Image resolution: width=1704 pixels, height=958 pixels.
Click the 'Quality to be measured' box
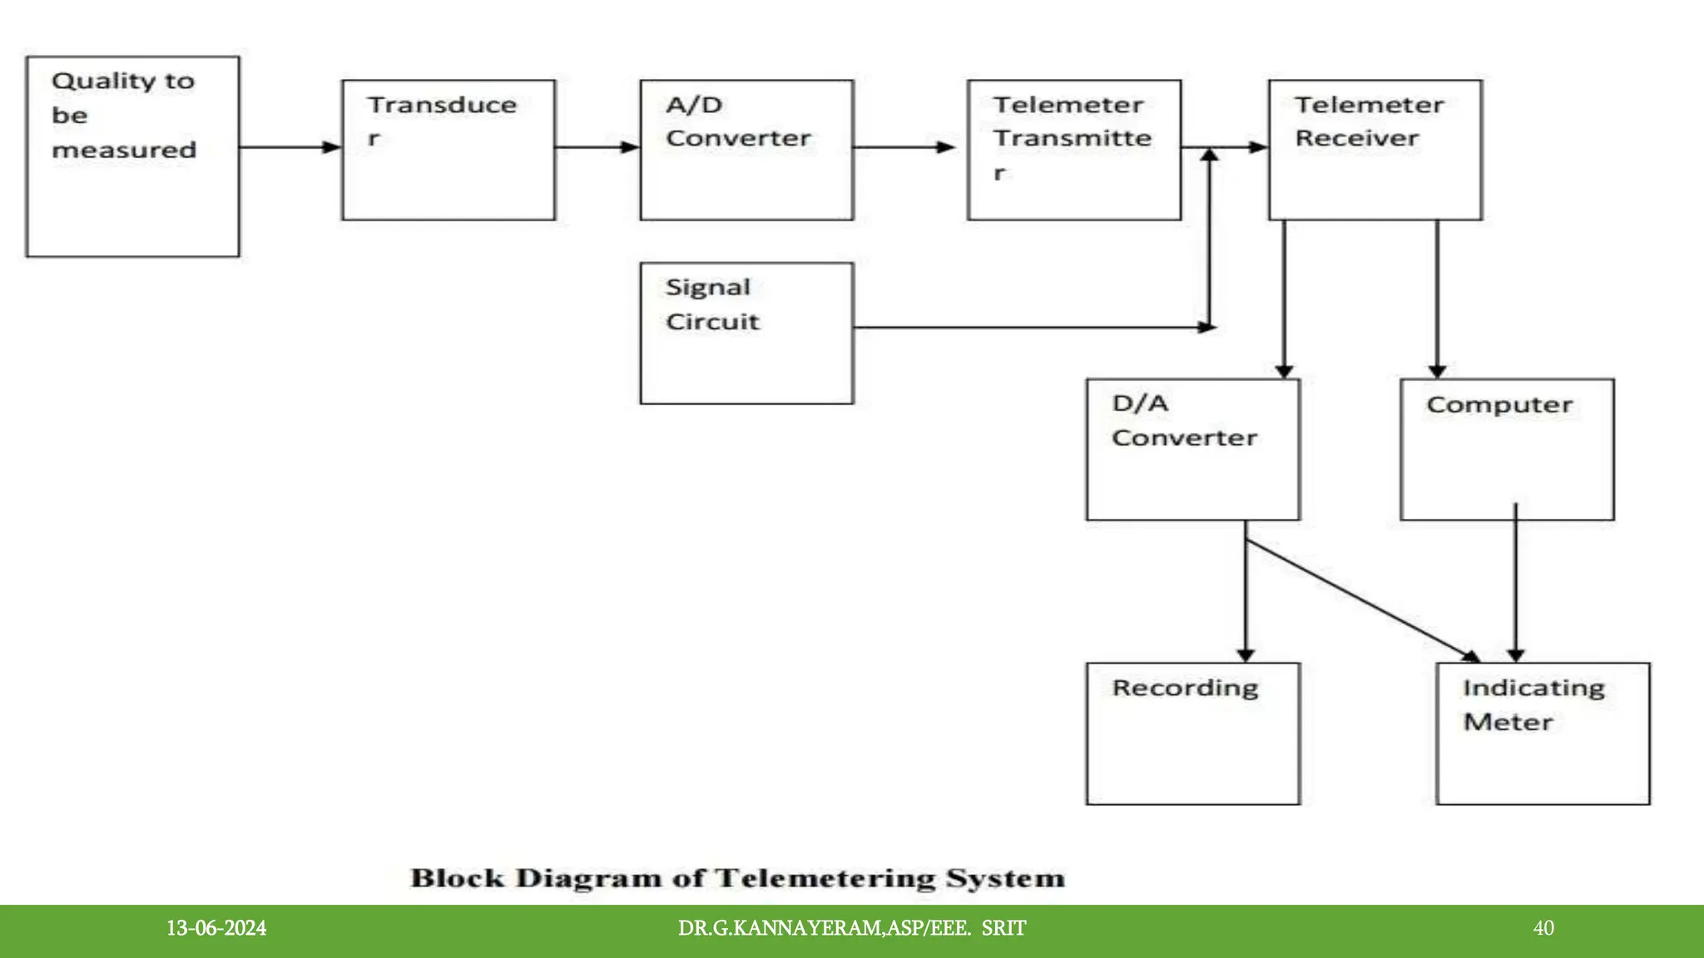[x=132, y=156]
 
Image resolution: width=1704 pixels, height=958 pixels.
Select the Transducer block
[x=448, y=150]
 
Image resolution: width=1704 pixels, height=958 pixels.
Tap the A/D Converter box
[x=746, y=150]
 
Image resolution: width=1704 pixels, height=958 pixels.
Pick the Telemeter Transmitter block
[x=1073, y=150]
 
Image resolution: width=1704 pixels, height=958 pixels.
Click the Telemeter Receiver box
[x=1375, y=150]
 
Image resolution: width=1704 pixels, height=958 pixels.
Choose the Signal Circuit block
[x=746, y=333]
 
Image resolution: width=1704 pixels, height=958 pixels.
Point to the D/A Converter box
[x=1192, y=450]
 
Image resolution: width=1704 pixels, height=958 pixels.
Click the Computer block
[x=1507, y=450]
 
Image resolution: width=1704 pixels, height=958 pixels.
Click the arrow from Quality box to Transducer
[x=290, y=147]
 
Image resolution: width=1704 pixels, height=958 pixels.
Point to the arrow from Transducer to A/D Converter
[x=596, y=147]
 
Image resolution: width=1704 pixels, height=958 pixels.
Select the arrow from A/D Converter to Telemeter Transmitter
[x=904, y=147]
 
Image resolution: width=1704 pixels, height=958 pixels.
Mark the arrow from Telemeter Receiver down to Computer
[x=1437, y=299]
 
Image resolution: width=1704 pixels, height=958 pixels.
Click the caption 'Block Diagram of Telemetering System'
[x=737, y=878]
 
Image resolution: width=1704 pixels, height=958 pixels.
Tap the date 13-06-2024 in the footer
[x=216, y=928]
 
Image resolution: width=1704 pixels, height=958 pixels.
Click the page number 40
[x=1543, y=928]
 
